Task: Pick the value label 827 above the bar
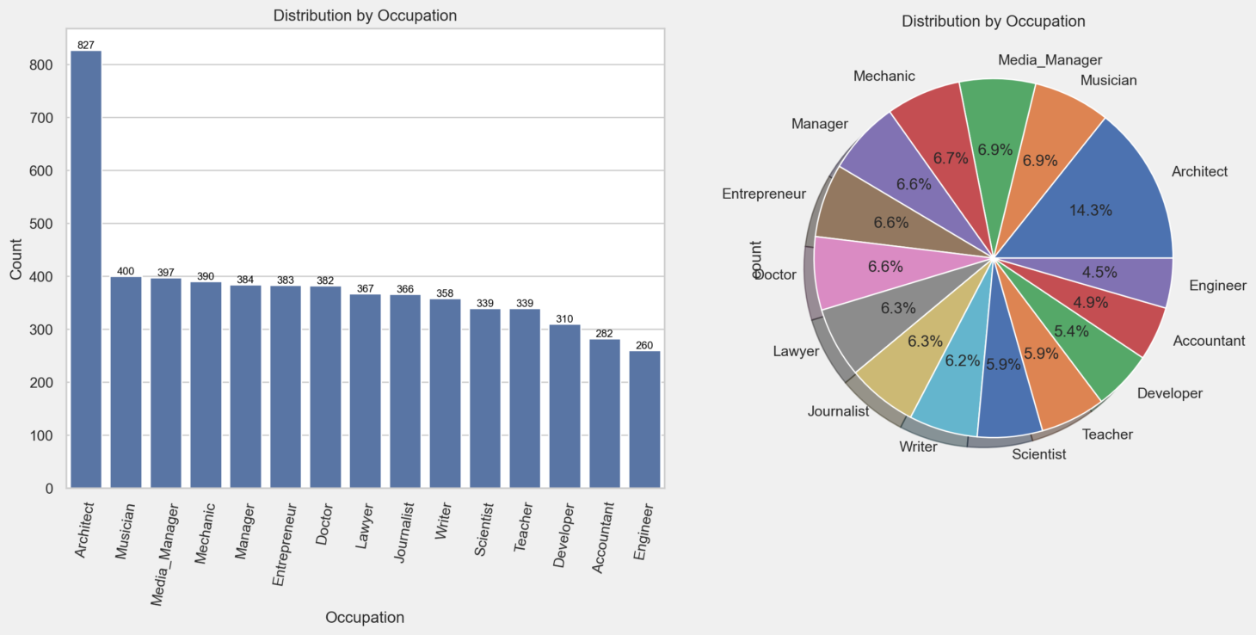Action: tap(86, 45)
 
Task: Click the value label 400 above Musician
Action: tap(126, 271)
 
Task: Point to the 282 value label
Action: tap(605, 334)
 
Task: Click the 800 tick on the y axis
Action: tap(41, 65)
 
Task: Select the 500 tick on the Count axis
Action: tap(41, 225)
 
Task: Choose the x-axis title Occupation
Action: tap(365, 617)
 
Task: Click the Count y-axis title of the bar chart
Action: tap(16, 258)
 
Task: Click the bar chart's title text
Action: tap(365, 15)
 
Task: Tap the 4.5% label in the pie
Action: tap(1099, 273)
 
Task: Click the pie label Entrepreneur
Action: tap(764, 194)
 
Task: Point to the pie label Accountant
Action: tap(1209, 341)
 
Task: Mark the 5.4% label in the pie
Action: tap(1071, 331)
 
